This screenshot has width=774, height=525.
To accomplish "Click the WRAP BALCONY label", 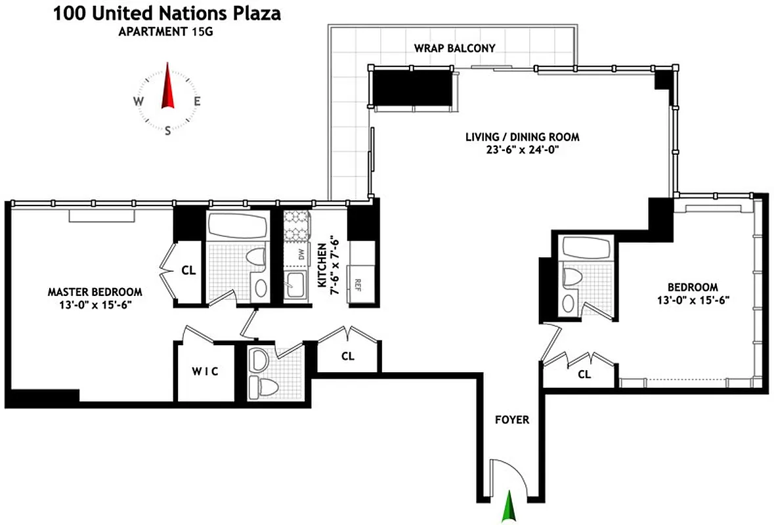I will pyautogui.click(x=454, y=48).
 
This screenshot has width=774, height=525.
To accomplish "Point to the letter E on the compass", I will pyautogui.click(x=197, y=101).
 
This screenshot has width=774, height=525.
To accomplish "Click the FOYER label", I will pyautogui.click(x=511, y=419).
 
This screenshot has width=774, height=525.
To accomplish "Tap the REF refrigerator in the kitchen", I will pyautogui.click(x=358, y=284).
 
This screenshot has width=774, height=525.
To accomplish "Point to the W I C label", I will pyautogui.click(x=204, y=371).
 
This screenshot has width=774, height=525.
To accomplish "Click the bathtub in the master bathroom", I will pyautogui.click(x=238, y=228).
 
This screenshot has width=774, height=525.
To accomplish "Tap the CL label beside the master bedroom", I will pyautogui.click(x=188, y=270).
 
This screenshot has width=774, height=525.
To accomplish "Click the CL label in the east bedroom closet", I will pyautogui.click(x=584, y=375).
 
